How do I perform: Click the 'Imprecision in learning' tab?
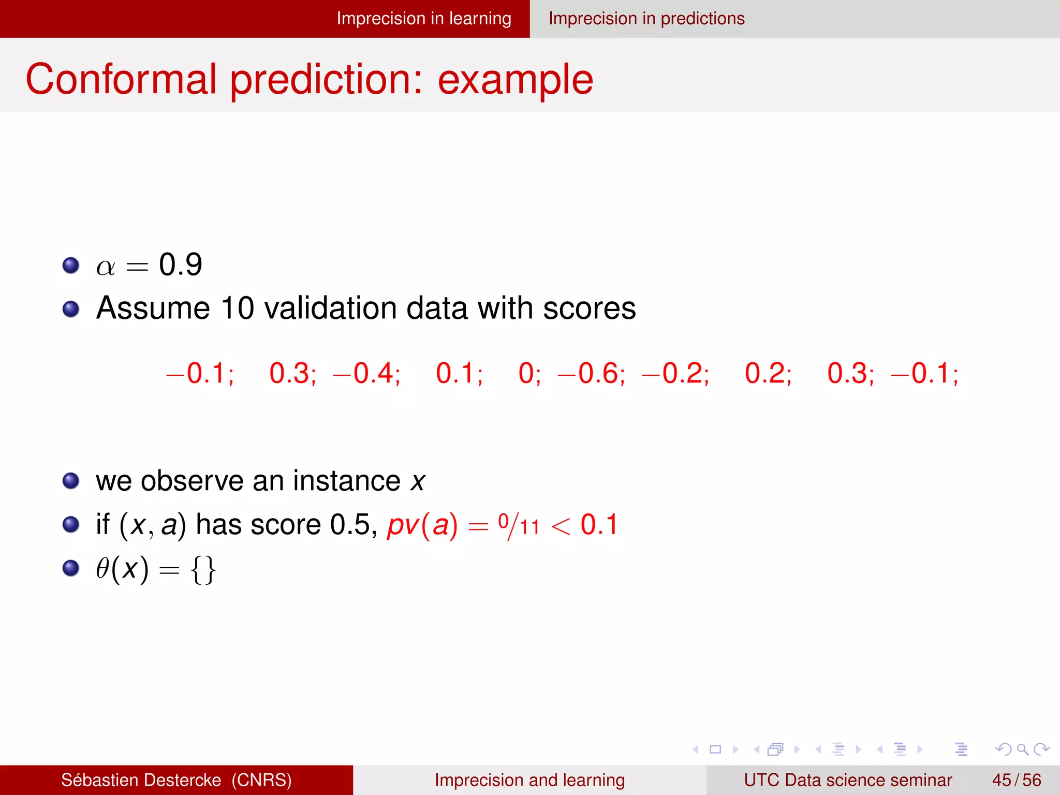coord(423,19)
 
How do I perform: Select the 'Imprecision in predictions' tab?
coord(646,19)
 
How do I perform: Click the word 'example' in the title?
coord(515,79)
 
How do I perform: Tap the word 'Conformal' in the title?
coord(121,79)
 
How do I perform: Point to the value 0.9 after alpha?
coord(180,265)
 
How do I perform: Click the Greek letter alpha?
coord(106,267)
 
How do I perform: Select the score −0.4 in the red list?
coord(366,373)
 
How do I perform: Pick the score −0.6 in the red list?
coord(592,373)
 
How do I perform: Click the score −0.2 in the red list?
coord(675,373)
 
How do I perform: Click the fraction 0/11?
coord(519,526)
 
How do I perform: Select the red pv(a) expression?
coord(422,525)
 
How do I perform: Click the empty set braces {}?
coord(203,569)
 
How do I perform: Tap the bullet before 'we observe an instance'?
coord(71,481)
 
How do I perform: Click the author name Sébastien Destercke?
coord(141,780)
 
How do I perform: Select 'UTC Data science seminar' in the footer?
coord(848,780)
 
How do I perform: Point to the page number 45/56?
coord(1016,780)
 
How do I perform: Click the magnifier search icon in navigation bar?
coord(1022,749)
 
